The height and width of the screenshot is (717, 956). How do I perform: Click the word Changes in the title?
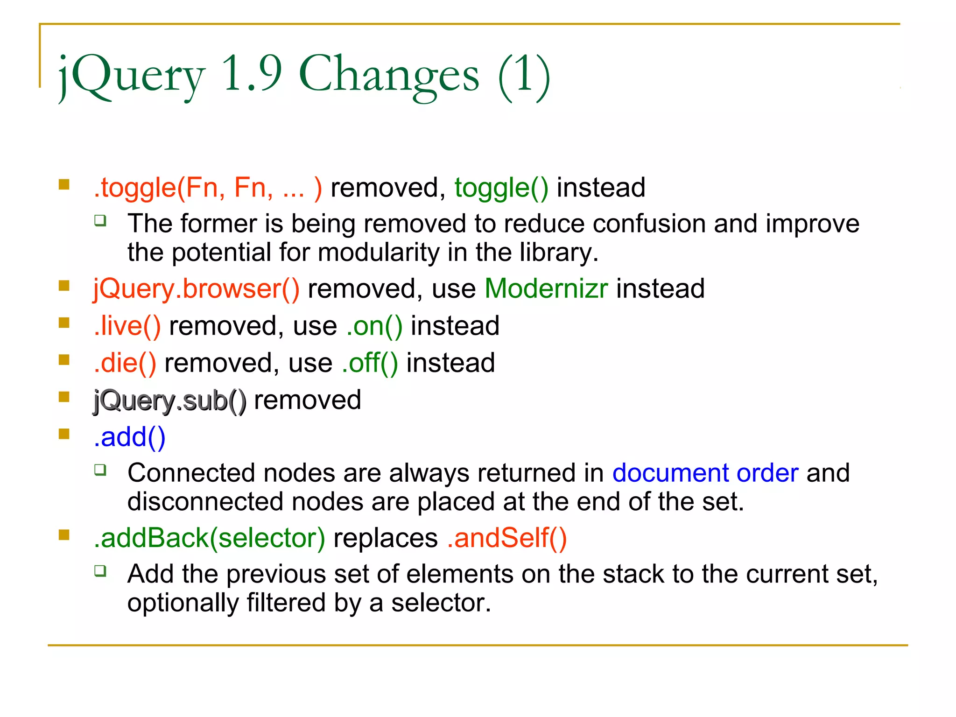tap(389, 75)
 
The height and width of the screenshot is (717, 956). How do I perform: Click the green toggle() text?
tap(501, 188)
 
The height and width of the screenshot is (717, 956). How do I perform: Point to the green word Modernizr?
tap(546, 288)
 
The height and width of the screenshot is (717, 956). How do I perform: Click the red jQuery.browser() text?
tap(196, 288)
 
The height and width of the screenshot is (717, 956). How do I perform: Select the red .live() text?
tap(127, 326)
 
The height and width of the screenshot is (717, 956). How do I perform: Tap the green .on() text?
tap(374, 326)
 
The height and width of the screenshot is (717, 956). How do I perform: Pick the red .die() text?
tap(125, 363)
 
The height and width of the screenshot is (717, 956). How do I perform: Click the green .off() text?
tap(370, 363)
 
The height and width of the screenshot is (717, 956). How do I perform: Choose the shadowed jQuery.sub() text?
tap(169, 401)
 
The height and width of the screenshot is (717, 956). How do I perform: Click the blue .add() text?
tap(129, 437)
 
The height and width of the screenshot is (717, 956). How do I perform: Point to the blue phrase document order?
tap(705, 473)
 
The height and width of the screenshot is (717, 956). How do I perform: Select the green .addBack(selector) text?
tap(209, 538)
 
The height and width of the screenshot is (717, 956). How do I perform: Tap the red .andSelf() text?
tap(506, 538)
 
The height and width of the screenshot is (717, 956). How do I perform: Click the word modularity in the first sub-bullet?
tap(379, 253)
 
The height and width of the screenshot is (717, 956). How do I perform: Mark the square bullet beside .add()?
tap(64, 434)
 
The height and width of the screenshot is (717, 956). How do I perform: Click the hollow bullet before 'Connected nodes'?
tap(100, 470)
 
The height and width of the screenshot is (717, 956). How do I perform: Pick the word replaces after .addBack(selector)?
tap(386, 538)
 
